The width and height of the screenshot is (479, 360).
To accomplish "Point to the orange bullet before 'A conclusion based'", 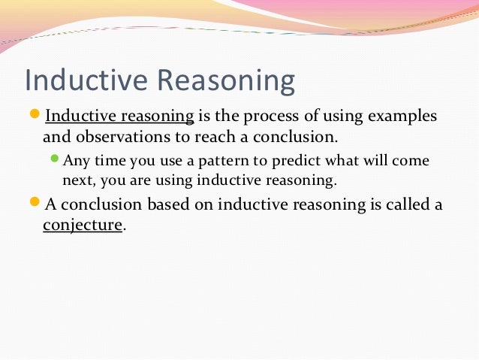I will [x=35, y=204].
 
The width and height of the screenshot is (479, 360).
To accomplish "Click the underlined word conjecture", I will [x=82, y=225].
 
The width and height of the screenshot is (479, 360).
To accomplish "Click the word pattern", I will [x=219, y=162].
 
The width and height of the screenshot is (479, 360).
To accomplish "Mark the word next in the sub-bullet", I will [x=77, y=181].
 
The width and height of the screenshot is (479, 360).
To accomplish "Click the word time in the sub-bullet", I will [x=109, y=162].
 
